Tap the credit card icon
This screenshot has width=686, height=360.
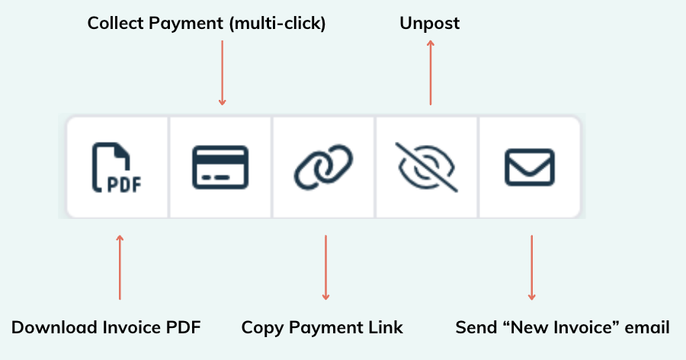pos(220,167)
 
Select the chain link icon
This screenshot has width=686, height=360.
pos(323,167)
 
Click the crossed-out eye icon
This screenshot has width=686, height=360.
pos(427,167)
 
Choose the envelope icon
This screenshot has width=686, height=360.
pos(530,167)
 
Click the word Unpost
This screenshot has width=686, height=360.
pos(430,24)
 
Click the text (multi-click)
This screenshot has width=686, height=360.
pos(277,24)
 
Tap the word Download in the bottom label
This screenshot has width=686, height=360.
pos(55,327)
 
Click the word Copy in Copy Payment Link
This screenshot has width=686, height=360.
pos(262,328)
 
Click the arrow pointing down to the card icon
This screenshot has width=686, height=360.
pos(223,72)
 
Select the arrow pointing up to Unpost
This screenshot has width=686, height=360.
pos(431,72)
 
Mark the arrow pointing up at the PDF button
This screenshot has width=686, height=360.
pos(120,267)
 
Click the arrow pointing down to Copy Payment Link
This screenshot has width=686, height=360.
pos(325,268)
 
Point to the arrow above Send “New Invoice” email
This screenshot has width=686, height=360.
pos(531,268)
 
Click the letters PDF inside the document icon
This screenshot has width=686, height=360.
pos(124,185)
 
